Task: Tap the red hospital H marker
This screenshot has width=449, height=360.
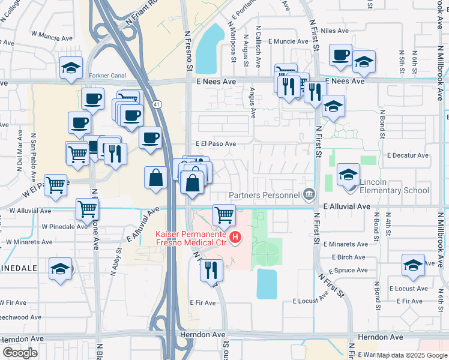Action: point(236,238)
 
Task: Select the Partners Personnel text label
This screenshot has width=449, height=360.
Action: point(265,194)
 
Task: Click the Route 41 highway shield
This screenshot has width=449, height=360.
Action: point(157,104)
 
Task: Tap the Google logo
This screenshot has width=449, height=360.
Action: point(20,353)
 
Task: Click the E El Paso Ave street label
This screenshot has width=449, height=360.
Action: point(215,144)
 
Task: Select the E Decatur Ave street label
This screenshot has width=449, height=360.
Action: point(408,155)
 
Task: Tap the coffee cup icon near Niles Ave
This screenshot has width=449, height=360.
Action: point(341,55)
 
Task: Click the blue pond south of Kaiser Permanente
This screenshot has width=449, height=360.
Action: point(267,284)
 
